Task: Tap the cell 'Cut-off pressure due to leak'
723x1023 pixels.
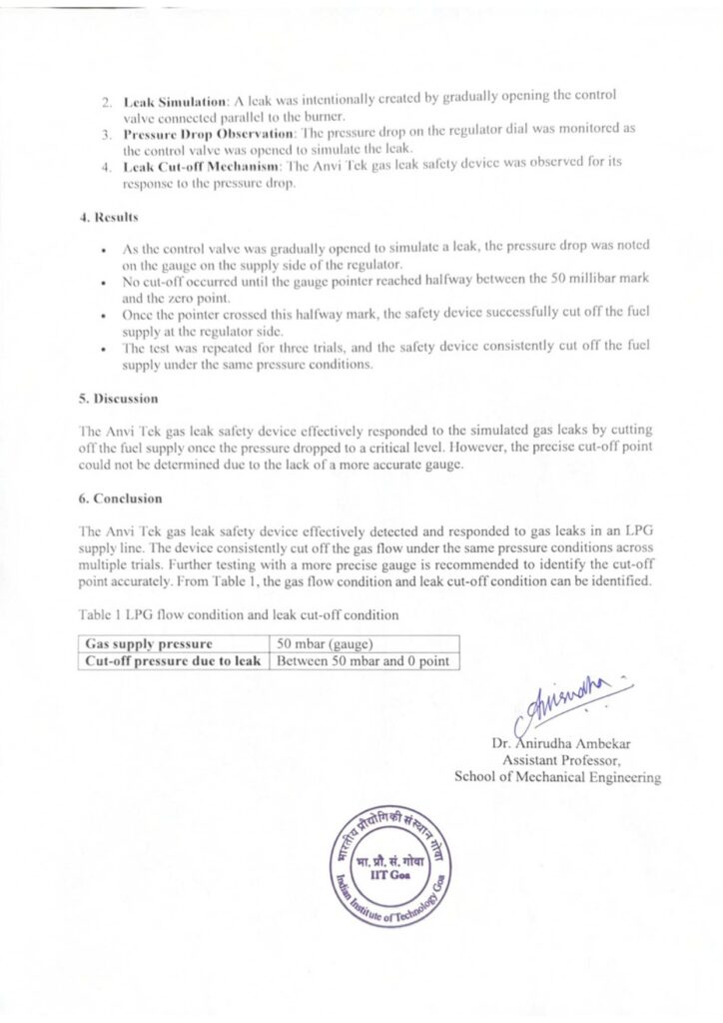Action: coord(173,660)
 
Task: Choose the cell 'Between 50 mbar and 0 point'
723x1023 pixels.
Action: coord(362,660)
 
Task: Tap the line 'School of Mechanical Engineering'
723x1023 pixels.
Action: coord(557,776)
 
